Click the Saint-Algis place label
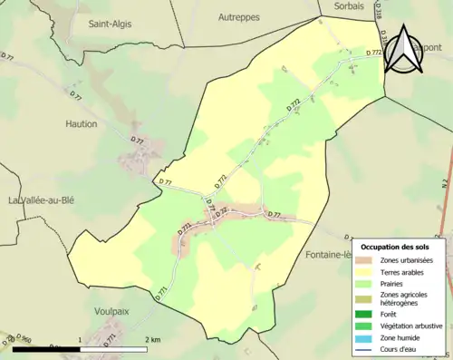coord(108,25)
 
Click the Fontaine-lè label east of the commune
coord(328,254)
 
